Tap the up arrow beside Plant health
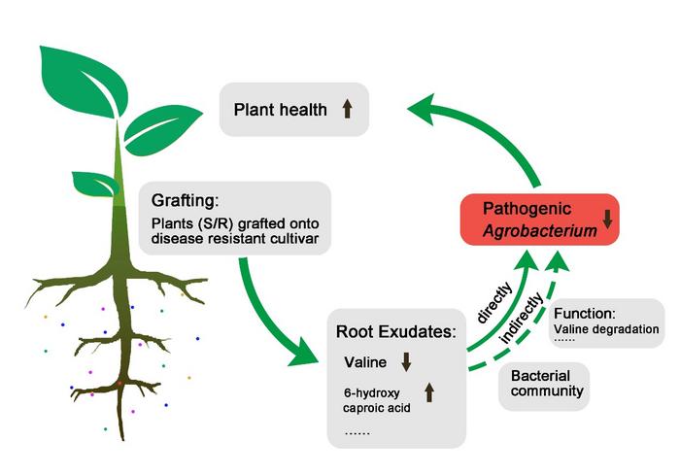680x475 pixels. pos(347,109)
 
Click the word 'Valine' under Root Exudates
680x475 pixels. pos(365,362)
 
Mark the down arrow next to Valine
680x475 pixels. pos(407,362)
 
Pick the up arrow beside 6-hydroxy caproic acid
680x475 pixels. pos(430,391)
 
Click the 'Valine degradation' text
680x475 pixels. pos(606,329)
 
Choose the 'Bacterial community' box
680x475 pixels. pos(547,384)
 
